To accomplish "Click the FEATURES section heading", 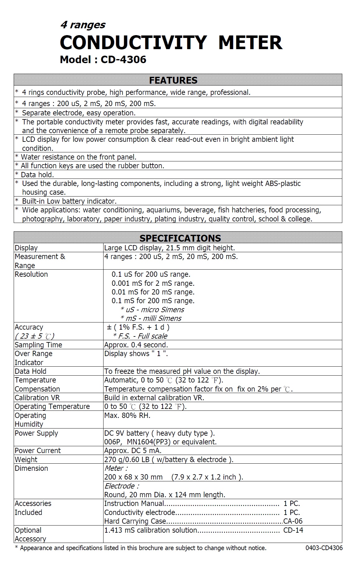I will pyautogui.click(x=173, y=80).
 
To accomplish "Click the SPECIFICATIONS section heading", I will pyautogui.click(x=180, y=238).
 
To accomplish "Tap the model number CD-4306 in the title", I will pyautogui.click(x=123, y=59).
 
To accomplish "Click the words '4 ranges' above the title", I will pyautogui.click(x=83, y=25).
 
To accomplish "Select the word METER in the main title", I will pyautogui.click(x=250, y=43).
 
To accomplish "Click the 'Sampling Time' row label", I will pyautogui.click(x=38, y=345).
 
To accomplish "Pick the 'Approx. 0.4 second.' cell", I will pyautogui.click(x=136, y=345).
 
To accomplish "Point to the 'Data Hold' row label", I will pyautogui.click(x=30, y=371).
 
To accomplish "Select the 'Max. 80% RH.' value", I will pyautogui.click(x=127, y=415).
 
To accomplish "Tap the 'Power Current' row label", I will pyautogui.click(x=38, y=451).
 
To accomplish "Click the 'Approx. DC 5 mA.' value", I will pyautogui.click(x=133, y=451).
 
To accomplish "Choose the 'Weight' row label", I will pyautogui.click(x=26, y=460).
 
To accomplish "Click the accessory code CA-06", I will pyautogui.click(x=293, y=521).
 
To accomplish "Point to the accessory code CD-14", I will pyautogui.click(x=293, y=530).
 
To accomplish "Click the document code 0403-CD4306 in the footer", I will pyautogui.click(x=324, y=548).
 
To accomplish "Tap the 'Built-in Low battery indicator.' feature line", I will pyautogui.click(x=69, y=201).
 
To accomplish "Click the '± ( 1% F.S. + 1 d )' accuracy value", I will pyautogui.click(x=138, y=327).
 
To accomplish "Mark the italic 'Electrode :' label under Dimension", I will pyautogui.click(x=122, y=486).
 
